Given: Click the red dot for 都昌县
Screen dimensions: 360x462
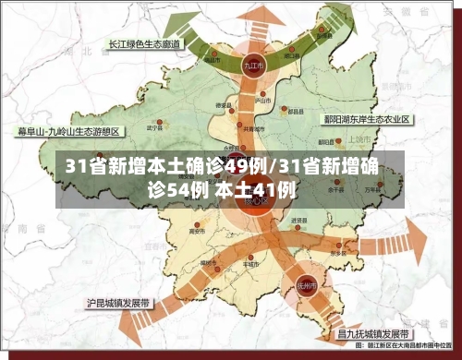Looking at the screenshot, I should pyautogui.click(x=294, y=107).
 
